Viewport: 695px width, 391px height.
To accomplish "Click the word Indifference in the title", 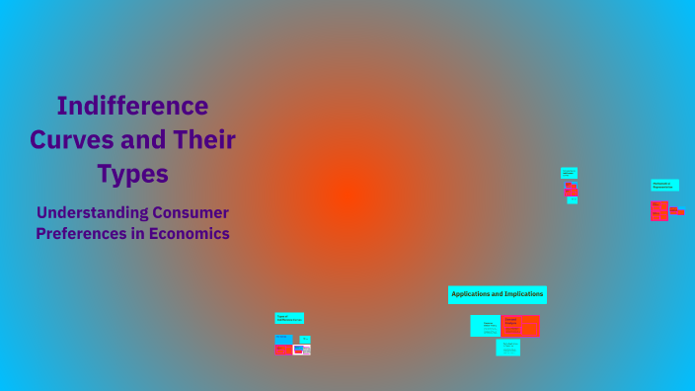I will (132, 106).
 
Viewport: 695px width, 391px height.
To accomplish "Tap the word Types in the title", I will (132, 174).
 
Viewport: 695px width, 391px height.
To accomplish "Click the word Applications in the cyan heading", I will (473, 294).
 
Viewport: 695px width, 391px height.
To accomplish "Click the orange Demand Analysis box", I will (520, 326).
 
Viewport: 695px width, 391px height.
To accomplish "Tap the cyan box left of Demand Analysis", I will (486, 326).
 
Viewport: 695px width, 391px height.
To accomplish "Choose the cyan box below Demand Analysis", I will (508, 348).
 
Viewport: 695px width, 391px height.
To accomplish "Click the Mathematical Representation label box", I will (664, 185).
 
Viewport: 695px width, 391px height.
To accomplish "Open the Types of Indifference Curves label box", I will (289, 318).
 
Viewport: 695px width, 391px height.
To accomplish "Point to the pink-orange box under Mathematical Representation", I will (659, 210).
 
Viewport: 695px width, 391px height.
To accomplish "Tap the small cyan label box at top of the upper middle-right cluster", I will (569, 173).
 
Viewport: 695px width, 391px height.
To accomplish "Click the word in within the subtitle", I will (143, 234).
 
